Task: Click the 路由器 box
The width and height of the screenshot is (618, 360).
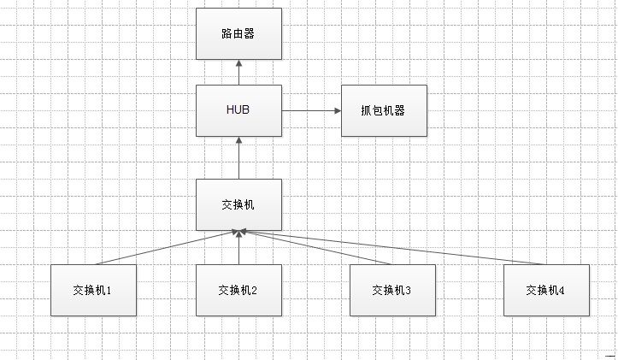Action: pyautogui.click(x=238, y=33)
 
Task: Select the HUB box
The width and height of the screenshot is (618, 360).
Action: pyautogui.click(x=238, y=110)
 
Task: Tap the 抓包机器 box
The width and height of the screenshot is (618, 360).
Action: pyautogui.click(x=384, y=110)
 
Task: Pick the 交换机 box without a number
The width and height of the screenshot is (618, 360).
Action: pyautogui.click(x=238, y=204)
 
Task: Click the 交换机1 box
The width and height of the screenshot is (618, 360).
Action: pyautogui.click(x=93, y=290)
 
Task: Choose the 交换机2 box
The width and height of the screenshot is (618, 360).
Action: pyautogui.click(x=238, y=290)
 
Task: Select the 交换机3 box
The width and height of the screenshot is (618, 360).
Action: pyautogui.click(x=392, y=290)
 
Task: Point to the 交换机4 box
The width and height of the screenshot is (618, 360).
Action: pyautogui.click(x=546, y=290)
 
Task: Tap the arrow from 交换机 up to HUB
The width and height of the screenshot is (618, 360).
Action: pyautogui.click(x=238, y=158)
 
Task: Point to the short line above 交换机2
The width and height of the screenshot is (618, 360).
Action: pyautogui.click(x=238, y=250)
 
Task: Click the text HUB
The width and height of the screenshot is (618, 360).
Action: pyautogui.click(x=238, y=110)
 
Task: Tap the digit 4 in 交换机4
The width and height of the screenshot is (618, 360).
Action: pyautogui.click(x=562, y=290)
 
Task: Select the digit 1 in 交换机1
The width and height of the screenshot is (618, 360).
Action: pyautogui.click(x=109, y=290)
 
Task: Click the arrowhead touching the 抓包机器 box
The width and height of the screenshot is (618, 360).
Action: pyautogui.click(x=337, y=110)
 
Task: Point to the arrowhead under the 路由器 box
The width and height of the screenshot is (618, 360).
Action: pyautogui.click(x=238, y=63)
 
